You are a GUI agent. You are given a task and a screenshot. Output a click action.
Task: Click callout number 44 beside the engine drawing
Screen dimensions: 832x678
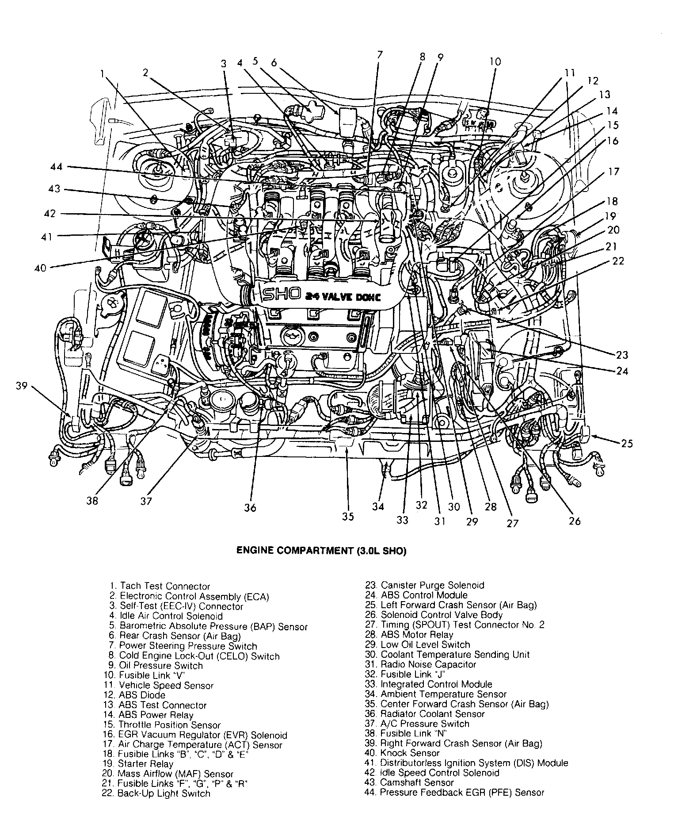57,167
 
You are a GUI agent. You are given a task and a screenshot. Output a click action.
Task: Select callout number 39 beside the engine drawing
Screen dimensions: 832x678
21,386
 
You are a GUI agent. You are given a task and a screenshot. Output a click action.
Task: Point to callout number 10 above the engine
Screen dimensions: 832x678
495,61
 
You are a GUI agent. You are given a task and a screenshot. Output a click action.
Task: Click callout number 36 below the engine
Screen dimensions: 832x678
250,507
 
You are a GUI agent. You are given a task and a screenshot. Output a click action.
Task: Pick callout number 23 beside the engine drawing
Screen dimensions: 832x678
622,355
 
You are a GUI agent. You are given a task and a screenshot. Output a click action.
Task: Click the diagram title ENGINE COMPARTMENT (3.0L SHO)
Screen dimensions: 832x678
321,551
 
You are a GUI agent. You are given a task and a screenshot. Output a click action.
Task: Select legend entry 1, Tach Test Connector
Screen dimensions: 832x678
160,587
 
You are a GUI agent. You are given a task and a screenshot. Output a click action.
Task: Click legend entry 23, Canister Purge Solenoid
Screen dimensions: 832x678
424,585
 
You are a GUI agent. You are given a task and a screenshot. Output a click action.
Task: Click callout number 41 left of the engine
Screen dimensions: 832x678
46,237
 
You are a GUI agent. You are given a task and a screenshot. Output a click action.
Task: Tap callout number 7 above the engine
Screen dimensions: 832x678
379,55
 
